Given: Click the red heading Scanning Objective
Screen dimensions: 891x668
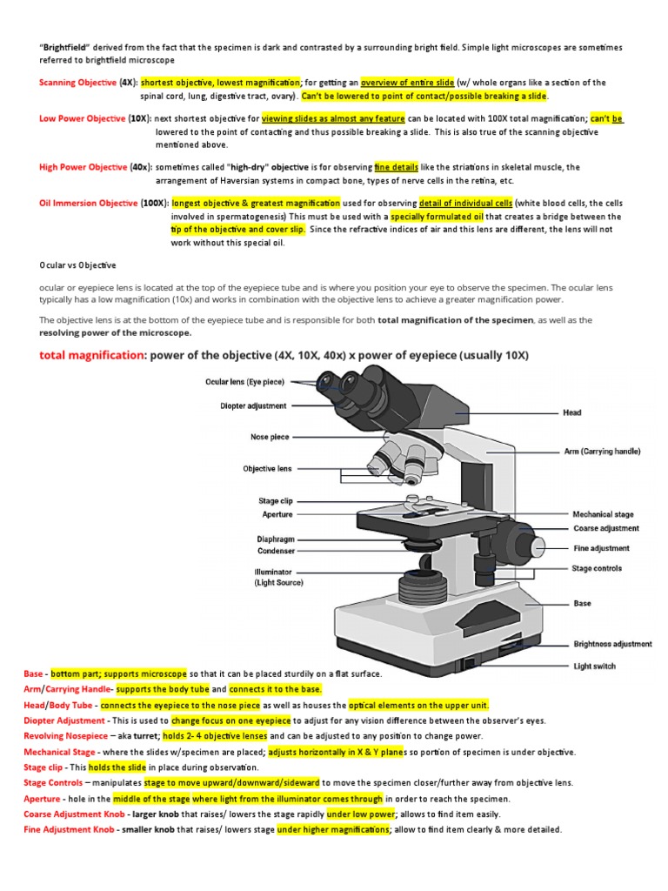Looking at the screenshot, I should pos(78,83).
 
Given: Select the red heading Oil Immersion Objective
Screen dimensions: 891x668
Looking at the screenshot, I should pos(88,203).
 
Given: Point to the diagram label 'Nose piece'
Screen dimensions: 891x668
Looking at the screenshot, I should pos(271,438).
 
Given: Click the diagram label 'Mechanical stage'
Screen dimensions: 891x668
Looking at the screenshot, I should pos(603,514).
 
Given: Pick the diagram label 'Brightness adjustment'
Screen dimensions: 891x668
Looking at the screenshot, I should pos(611,644).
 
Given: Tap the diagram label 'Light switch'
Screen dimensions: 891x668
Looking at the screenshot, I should pos(594,667).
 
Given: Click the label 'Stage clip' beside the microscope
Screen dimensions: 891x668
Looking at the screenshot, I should pos(275,501).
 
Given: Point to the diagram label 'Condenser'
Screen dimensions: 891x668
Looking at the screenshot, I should pos(276,551).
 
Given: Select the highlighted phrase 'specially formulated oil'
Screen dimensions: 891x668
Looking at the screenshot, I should pos(437,216).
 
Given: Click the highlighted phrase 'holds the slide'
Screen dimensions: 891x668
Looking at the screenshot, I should pos(117,767).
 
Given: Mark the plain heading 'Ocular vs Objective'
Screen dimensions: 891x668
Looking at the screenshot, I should pos(77,265).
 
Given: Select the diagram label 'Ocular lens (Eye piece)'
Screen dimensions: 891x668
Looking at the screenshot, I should pos(244,382).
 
